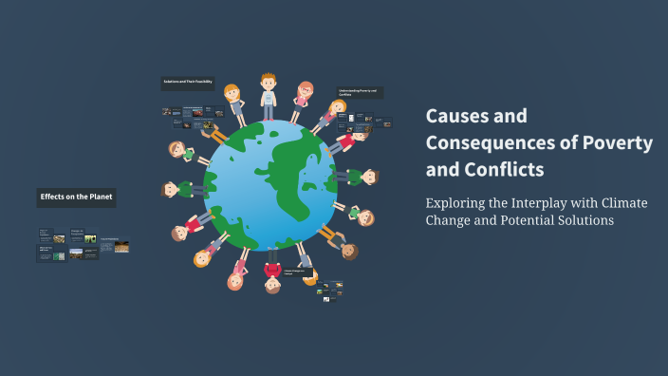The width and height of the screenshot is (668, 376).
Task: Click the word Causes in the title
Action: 454,116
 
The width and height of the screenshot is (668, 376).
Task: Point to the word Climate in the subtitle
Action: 622,202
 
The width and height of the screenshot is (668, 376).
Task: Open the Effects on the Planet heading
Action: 76,197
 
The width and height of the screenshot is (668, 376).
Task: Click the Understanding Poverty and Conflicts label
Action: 358,93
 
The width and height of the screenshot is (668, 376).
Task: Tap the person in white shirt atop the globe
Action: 268,95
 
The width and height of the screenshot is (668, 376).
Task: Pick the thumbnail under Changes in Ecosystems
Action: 90,239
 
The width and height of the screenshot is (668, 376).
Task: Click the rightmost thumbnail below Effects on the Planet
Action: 121,248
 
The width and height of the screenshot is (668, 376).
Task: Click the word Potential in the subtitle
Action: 509,220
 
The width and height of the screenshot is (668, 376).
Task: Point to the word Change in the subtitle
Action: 448,220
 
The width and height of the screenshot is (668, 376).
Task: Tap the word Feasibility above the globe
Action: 201,84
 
